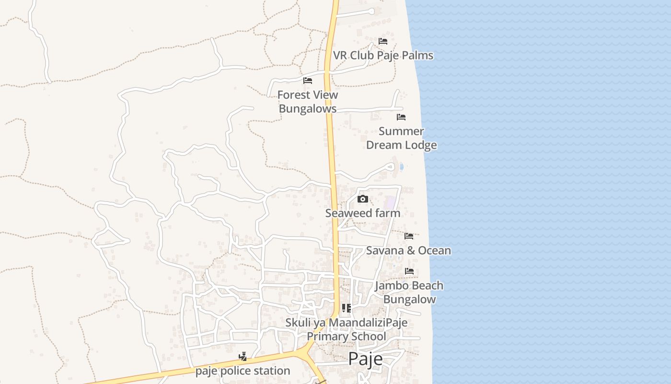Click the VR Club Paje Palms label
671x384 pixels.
pos(383,55)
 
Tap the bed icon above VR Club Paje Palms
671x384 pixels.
pos(382,41)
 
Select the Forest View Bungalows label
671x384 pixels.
pos(308,101)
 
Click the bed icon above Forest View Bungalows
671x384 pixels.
pos(308,81)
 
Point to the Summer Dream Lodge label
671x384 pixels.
pos(401,138)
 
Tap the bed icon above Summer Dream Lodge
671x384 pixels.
pos(401,117)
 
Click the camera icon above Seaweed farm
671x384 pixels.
pos(363,199)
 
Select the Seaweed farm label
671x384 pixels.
pos(363,213)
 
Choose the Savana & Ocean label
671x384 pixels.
pos(408,250)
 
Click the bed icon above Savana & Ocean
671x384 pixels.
pos(409,236)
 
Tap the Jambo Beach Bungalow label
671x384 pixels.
pos(409,292)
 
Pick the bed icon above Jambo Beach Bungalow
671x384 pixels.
pos(409,271)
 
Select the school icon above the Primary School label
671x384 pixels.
pos(346,308)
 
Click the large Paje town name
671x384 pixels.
pos(365,359)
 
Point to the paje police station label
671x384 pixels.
pos(243,371)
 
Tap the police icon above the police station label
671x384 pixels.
pos(243,357)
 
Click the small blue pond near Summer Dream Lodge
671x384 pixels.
pos(401,167)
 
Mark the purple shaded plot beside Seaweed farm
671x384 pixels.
pos(391,203)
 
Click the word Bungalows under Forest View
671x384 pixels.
pos(308,108)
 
